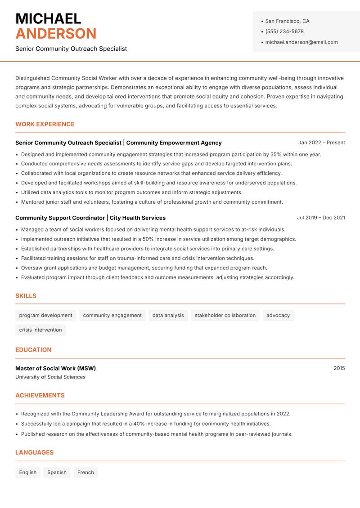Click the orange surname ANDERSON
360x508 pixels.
click(56, 34)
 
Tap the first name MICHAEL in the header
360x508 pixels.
click(48, 18)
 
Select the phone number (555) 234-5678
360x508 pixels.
click(284, 31)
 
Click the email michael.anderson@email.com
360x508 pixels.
click(301, 42)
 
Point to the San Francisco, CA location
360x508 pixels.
click(287, 21)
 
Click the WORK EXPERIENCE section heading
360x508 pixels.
click(45, 124)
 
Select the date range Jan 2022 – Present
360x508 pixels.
click(321, 143)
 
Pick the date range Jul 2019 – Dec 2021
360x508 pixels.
click(321, 218)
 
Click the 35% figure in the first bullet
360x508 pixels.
click(276, 154)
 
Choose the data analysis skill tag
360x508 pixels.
click(168, 316)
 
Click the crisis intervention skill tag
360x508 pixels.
click(40, 330)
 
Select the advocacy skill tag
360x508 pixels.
click(278, 316)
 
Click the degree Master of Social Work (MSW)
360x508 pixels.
click(55, 368)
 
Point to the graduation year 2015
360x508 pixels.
click(339, 368)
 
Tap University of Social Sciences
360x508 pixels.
click(50, 377)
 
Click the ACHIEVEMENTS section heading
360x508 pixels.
click(40, 396)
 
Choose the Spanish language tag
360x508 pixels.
click(57, 472)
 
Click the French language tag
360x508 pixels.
click(85, 472)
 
